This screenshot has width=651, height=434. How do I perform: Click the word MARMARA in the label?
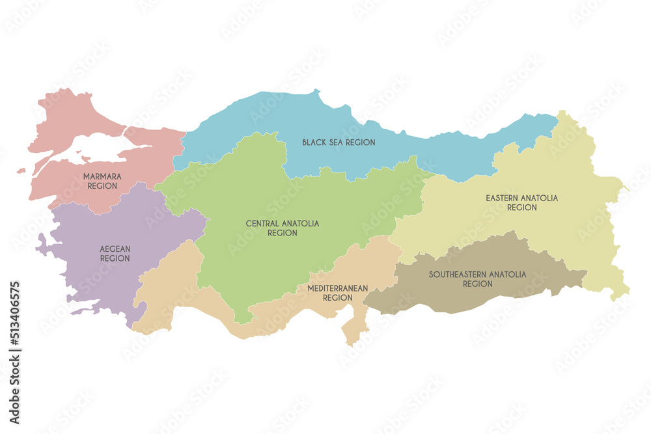(102, 176)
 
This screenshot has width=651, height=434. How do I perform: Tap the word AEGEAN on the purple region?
(115, 249)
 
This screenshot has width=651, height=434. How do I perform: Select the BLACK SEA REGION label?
(339, 142)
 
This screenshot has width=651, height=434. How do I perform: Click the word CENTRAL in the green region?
(262, 223)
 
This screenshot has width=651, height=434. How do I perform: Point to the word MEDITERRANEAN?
(338, 288)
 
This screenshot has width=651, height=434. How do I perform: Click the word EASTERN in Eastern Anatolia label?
(503, 198)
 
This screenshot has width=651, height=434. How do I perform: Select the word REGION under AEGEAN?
(115, 258)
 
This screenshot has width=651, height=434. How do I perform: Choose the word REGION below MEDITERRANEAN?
(338, 297)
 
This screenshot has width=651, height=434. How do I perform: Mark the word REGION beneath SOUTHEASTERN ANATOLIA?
(477, 284)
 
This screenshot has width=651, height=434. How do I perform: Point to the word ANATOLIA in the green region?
(301, 223)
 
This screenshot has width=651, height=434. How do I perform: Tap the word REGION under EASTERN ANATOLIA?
(521, 208)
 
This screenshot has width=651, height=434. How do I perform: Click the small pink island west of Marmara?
(21, 170)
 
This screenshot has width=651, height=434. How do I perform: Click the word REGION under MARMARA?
(102, 186)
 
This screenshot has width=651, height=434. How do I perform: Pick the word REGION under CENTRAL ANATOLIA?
(282, 233)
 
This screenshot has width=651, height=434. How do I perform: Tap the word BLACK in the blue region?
(313, 142)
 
